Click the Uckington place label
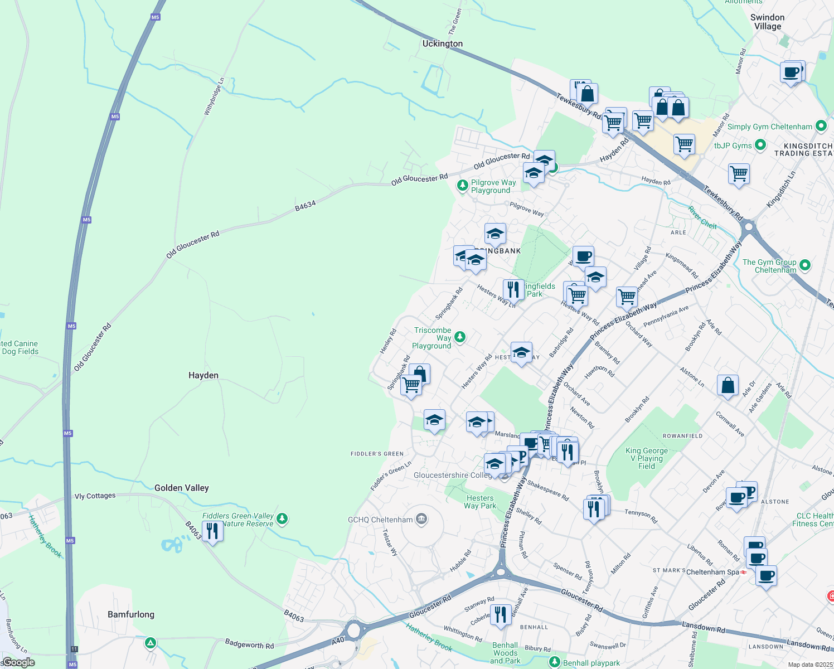443,43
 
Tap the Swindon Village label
768,22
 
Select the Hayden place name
203,375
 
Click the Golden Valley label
182,488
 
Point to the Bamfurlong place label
131,614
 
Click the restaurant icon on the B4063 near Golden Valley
212,531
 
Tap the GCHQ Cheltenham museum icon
421,520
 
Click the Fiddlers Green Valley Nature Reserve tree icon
282,519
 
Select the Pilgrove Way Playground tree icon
462,185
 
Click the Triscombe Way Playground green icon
460,337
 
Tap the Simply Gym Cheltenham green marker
821,126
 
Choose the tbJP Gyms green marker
760,146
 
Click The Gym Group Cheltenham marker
804,265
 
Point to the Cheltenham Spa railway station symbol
744,572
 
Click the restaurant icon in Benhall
501,614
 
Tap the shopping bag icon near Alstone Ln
728,385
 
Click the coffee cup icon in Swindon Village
791,72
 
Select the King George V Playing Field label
647,458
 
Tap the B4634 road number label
305,206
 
